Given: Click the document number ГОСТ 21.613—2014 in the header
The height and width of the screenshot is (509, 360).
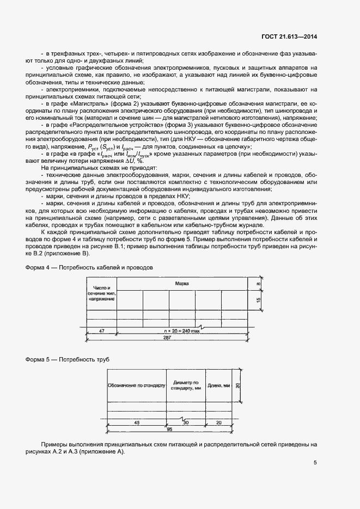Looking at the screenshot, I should point(289,37).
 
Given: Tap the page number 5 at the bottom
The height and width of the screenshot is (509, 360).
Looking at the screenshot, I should point(315,463).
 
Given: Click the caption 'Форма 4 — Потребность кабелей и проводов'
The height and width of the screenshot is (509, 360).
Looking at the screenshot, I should point(90,267).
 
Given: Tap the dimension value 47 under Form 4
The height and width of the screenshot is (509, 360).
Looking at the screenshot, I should point(102,330).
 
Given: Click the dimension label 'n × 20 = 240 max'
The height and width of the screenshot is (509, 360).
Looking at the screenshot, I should point(182,330).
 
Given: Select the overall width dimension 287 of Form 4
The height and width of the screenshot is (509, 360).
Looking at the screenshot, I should point(168,338).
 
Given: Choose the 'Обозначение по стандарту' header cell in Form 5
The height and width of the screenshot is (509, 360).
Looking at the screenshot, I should point(136,385).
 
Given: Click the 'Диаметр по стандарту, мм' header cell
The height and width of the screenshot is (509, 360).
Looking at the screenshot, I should point(185,385).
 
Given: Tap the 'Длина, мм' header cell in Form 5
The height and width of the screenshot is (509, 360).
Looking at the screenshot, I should point(219,385).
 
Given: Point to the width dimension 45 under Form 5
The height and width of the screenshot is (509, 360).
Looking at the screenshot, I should point(136,422).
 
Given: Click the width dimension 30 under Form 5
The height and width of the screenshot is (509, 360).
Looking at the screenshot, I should point(186,422).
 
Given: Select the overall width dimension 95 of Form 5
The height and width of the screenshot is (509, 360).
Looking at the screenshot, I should point(169,429).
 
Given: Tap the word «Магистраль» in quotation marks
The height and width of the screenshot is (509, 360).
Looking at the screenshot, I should point(83,103).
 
